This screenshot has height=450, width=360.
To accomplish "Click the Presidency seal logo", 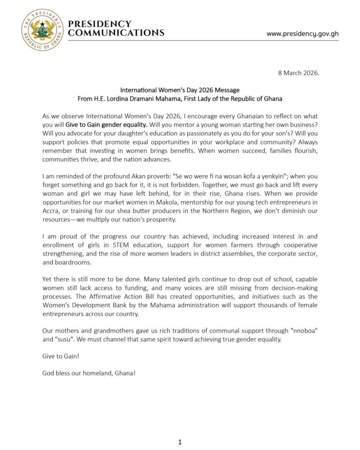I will (42, 30).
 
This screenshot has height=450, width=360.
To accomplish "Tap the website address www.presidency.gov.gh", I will (302, 34).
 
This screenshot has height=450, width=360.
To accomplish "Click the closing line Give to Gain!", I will (58, 356).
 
